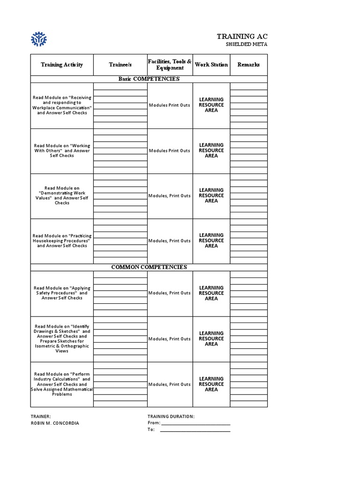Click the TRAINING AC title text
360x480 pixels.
pos(242,37)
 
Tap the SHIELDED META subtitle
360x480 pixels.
pos(246,45)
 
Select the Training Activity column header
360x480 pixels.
pos(62,65)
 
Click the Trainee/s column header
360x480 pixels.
pos(120,65)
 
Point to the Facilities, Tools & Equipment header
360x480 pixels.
pos(170,65)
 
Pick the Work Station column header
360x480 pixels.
pos(211,65)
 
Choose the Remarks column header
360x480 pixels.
pos(248,65)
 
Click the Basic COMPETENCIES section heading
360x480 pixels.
pos(149,79)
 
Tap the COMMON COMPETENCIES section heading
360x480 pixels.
pos(149,267)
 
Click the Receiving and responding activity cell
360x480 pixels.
pos(62,105)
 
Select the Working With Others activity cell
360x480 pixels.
pos(62,150)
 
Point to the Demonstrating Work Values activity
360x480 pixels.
pos(62,195)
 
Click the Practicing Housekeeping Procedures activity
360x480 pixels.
pos(62,241)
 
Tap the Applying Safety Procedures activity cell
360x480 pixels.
pos(62,293)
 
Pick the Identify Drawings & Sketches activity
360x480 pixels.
pos(62,338)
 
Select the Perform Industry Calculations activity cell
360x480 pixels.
pos(62,384)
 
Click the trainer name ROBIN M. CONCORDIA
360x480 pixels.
pos(55,423)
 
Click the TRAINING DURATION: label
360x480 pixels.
pos(171,416)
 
